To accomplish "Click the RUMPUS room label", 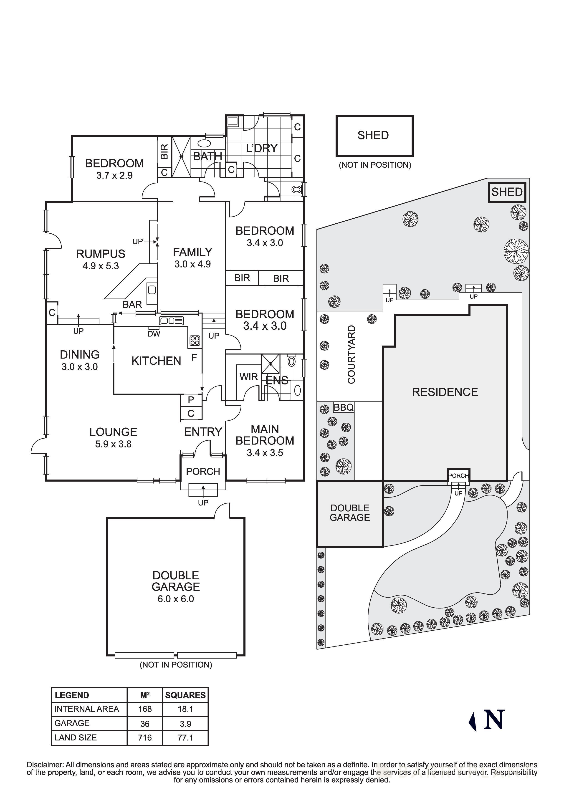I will [101, 254].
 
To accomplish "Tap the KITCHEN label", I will [156, 361].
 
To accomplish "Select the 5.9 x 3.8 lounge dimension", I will [113, 444].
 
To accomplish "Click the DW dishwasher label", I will [154, 334].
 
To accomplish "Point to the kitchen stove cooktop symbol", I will [195, 341].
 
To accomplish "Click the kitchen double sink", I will [171, 321].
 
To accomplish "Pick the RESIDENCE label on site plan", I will [445, 392].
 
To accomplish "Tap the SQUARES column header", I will [185, 695].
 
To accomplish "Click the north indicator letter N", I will [494, 720].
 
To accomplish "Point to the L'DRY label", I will [261, 148].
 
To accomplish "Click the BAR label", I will [132, 304].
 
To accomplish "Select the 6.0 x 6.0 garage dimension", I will [176, 599].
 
